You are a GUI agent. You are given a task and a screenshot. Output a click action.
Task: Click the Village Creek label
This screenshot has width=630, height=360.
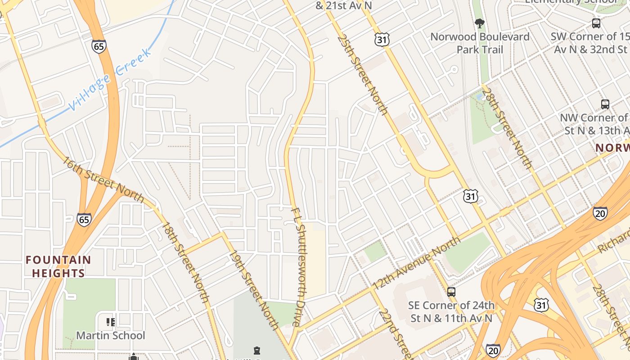tap(109, 79)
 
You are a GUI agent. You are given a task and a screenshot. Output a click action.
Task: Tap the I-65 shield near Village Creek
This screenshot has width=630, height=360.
tap(99, 46)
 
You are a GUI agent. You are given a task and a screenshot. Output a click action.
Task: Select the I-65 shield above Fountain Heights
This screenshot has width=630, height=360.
tap(84, 219)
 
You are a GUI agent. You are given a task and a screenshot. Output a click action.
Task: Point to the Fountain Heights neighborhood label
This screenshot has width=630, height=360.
tap(58, 266)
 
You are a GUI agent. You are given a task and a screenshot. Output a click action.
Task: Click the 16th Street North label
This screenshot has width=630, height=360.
tap(103, 180)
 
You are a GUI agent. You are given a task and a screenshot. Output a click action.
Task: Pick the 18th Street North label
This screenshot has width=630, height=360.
tap(185, 262)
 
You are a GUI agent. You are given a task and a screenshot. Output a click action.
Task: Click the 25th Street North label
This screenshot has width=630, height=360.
tap(362, 74)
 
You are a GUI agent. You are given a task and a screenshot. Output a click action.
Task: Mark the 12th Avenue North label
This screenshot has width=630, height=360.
tap(416, 263)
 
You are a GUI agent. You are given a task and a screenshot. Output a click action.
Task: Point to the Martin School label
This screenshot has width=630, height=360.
tap(110, 335)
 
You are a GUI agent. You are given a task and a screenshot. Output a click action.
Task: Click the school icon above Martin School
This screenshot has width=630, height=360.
tap(110, 322)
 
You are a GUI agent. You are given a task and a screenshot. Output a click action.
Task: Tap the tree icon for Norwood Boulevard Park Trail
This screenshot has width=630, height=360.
tap(480, 23)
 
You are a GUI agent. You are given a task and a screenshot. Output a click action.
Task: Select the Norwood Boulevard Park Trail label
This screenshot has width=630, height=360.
tap(480, 43)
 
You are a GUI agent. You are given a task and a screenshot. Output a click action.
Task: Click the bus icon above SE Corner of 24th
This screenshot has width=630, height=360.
tap(451, 292)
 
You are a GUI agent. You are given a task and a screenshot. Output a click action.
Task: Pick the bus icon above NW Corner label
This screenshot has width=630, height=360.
tap(605, 104)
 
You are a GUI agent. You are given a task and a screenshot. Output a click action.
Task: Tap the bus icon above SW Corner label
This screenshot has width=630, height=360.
tap(596, 23)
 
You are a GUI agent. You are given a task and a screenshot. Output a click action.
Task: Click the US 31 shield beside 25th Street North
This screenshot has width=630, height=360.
tap(382, 40)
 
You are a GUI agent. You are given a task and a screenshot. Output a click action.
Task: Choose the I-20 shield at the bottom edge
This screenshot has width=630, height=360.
tap(493, 350)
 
